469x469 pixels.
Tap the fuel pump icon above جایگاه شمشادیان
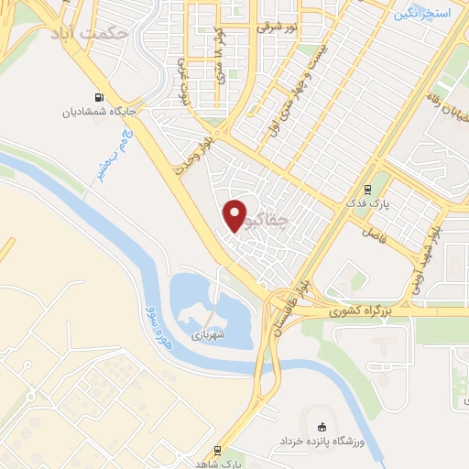[97, 97]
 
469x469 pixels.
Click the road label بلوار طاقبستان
[280, 311]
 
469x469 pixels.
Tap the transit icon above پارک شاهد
[218, 450]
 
